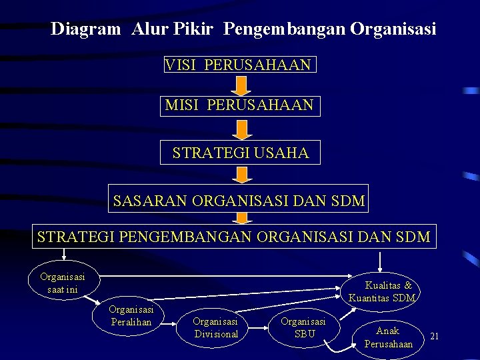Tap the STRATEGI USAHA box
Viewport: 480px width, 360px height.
pyautogui.click(x=240, y=153)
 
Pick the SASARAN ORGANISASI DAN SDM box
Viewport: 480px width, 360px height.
pyautogui.click(x=239, y=200)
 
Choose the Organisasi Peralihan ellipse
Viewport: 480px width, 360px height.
pyautogui.click(x=132, y=316)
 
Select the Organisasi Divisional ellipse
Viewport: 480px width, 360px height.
pyautogui.click(x=215, y=327)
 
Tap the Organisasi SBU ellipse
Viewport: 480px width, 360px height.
pyautogui.click(x=303, y=327)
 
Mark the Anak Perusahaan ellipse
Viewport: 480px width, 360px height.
pyautogui.click(x=389, y=337)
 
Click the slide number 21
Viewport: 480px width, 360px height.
pyautogui.click(x=434, y=335)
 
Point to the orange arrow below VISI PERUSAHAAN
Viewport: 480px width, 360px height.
pyautogui.click(x=242, y=85)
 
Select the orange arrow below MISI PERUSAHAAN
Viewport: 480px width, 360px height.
pyautogui.click(x=242, y=129)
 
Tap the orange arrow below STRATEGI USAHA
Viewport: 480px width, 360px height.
pyautogui.click(x=242, y=175)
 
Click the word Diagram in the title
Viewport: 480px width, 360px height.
pyautogui.click(x=86, y=29)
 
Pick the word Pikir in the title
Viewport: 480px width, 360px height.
pyautogui.click(x=198, y=29)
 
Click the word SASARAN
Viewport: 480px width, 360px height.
pyautogui.click(x=150, y=200)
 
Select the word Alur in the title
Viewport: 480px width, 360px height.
pyautogui.click(x=150, y=29)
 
